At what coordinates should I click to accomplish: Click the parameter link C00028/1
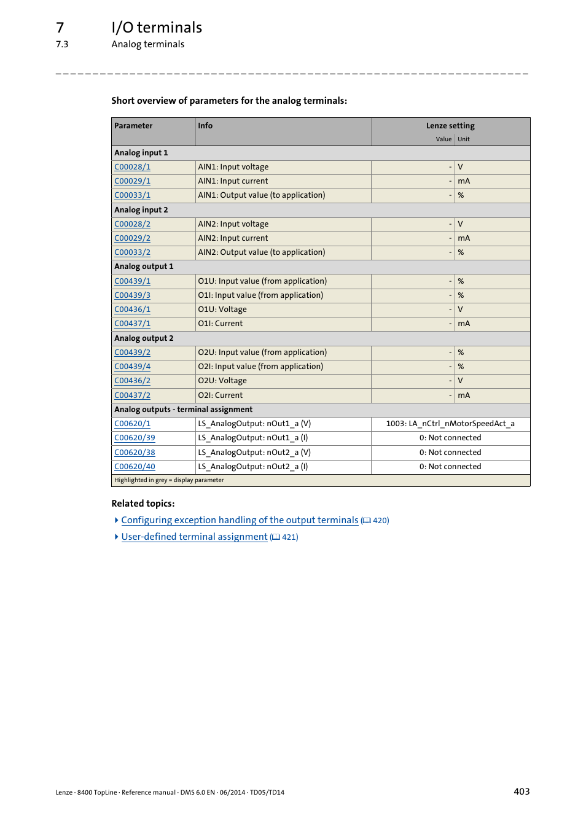coord(132,167)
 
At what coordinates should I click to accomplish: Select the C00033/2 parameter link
coord(132,252)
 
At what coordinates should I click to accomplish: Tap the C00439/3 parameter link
coord(132,295)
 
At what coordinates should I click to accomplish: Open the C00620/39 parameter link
coord(135,438)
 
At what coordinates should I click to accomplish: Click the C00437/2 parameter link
coord(132,395)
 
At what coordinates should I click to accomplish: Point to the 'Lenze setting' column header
coord(450,126)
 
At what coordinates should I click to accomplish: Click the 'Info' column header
coord(205,126)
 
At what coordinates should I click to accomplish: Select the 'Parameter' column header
coord(133,126)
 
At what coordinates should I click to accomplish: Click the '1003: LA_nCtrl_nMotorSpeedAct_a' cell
coord(450,424)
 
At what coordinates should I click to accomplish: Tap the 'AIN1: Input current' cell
coord(233,181)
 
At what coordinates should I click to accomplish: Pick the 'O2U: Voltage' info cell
coord(222,381)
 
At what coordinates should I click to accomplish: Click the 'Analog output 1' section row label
coord(144,267)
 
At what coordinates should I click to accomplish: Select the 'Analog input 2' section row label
coord(141,210)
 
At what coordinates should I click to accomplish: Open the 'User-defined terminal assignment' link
coord(194,537)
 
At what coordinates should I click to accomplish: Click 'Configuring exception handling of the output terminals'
coord(240,520)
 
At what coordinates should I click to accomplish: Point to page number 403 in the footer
coord(522,792)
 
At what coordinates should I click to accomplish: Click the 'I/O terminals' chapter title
coord(157,28)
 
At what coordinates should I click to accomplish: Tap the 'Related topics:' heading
coord(143,504)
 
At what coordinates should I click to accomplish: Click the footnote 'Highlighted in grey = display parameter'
coord(169,480)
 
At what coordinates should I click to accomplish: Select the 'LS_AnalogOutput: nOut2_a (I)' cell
coord(253,467)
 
